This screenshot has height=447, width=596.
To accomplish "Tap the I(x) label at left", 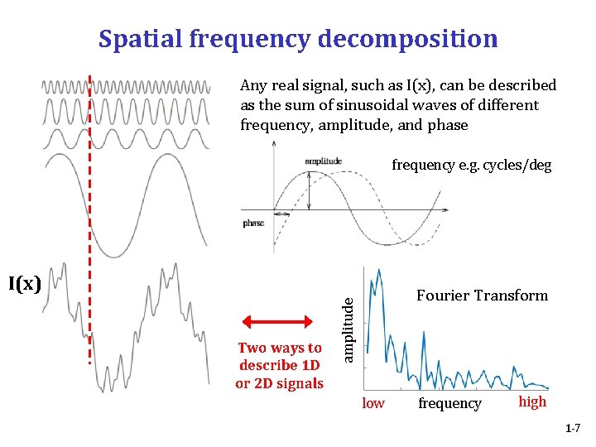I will (x=25, y=284).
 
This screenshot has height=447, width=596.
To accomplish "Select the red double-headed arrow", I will (x=280, y=323).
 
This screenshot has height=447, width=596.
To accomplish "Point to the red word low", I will (x=373, y=403).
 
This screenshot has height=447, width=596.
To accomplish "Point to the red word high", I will (x=532, y=401).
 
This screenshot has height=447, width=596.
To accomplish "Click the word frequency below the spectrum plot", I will (x=449, y=403).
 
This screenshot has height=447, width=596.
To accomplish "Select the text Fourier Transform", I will (x=482, y=296).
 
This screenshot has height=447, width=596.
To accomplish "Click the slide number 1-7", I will (x=573, y=429).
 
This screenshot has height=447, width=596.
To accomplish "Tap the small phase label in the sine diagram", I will (x=253, y=223).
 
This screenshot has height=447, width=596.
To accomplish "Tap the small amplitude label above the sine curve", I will (x=323, y=161).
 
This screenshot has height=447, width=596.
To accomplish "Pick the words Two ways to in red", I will (x=280, y=348).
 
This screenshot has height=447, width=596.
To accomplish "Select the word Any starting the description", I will (x=252, y=85).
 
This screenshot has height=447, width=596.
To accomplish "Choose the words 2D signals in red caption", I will (x=289, y=383).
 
